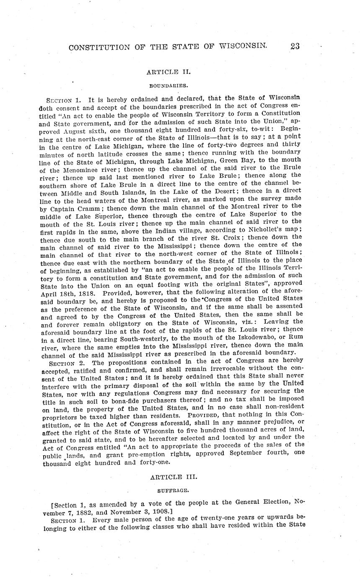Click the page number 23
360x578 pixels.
point(294,46)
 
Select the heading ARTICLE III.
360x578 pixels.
point(168,477)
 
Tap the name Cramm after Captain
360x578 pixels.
point(95,209)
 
